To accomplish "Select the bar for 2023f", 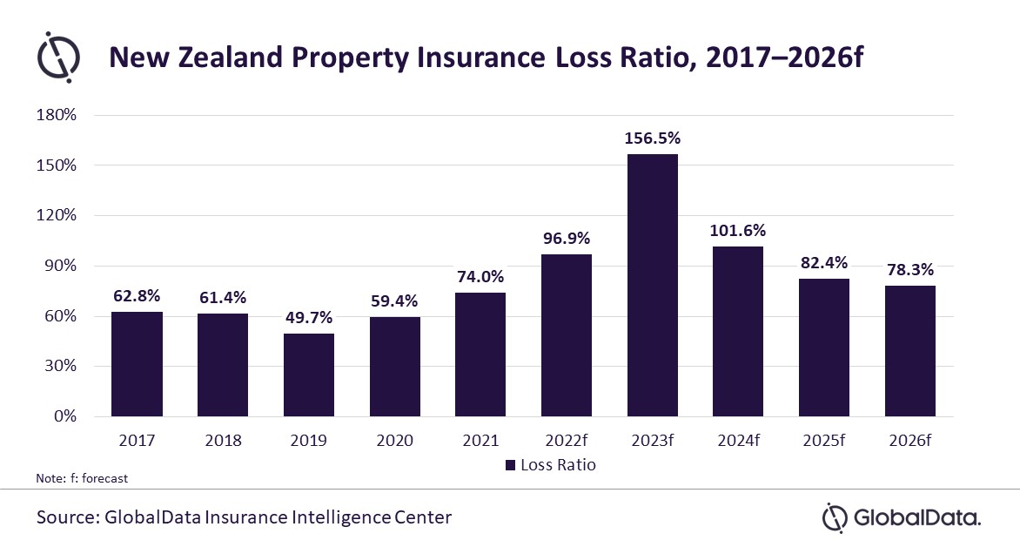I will click(x=652, y=285).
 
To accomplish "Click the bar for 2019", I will click(x=308, y=375).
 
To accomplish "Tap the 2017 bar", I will click(x=137, y=363).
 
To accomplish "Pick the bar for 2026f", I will click(x=909, y=350).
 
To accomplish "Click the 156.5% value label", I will click(x=652, y=139).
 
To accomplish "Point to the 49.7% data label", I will click(x=308, y=318).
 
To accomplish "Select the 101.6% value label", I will click(x=737, y=231).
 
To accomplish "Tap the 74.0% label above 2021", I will click(x=480, y=277).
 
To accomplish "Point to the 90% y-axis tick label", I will click(x=62, y=266).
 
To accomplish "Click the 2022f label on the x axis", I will click(x=566, y=440).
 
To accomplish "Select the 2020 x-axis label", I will click(x=394, y=440).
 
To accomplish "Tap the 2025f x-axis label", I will click(x=823, y=440).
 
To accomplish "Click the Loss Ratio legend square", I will click(x=510, y=465).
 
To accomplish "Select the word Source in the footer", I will click(x=65, y=517).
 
